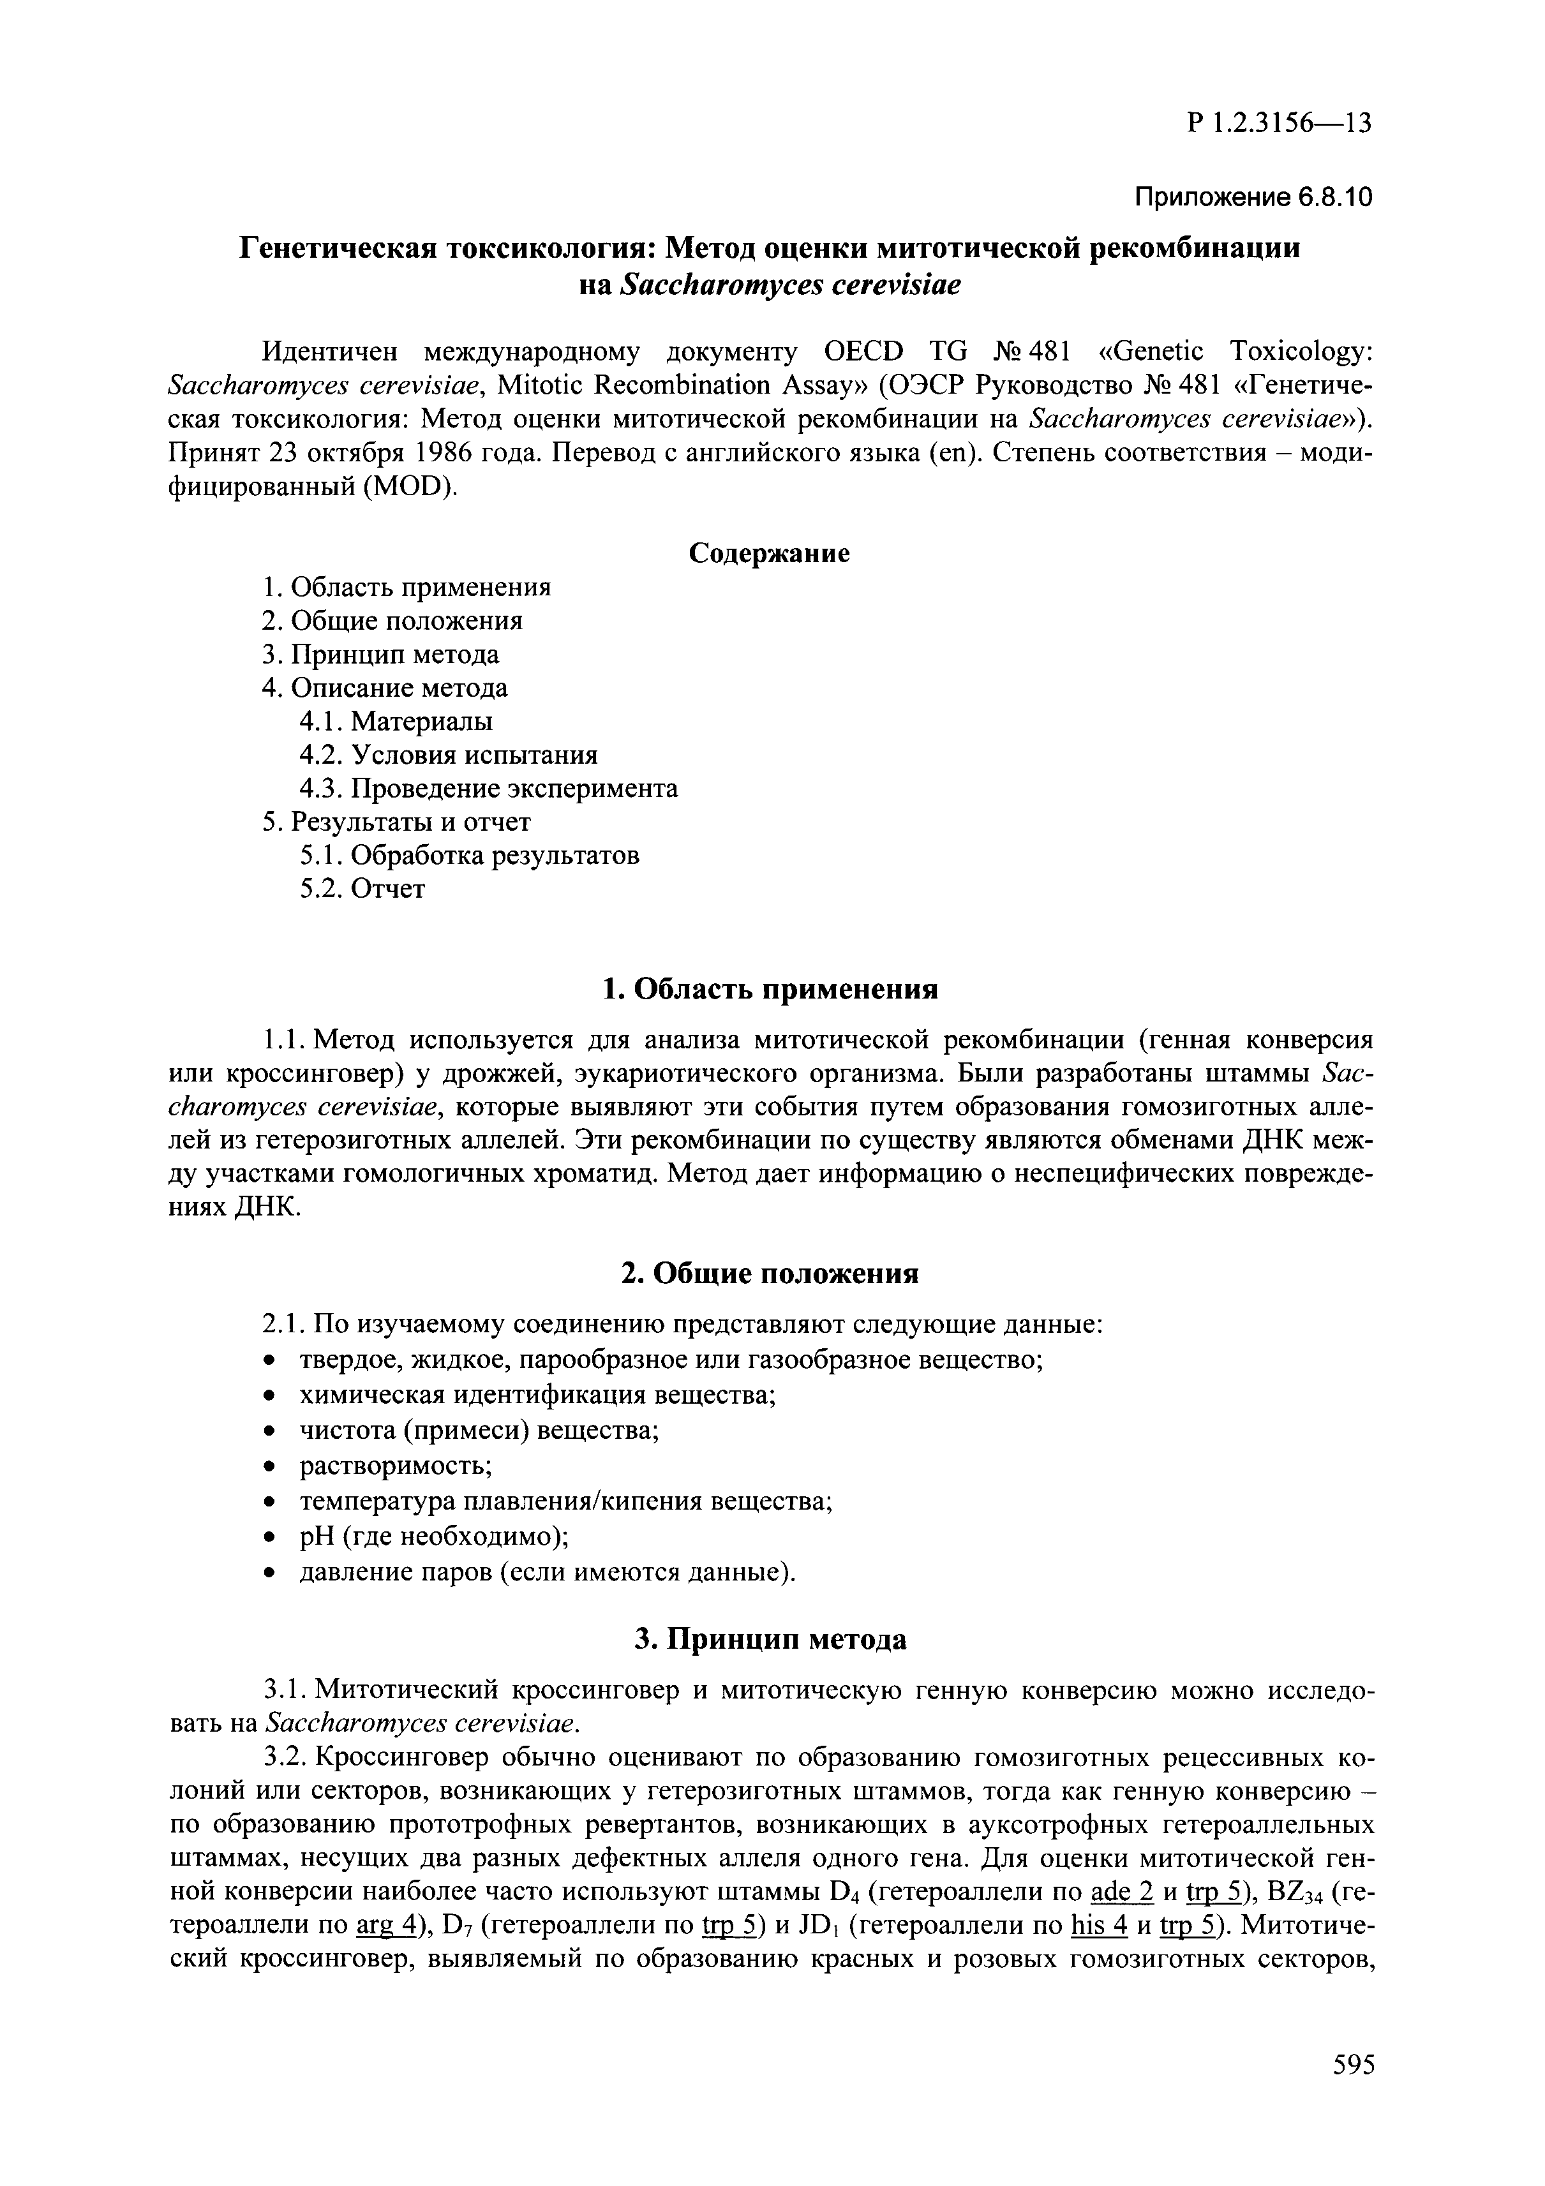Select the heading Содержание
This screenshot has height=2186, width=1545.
pyautogui.click(x=769, y=553)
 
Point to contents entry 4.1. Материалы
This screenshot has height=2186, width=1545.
pyautogui.click(x=396, y=722)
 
